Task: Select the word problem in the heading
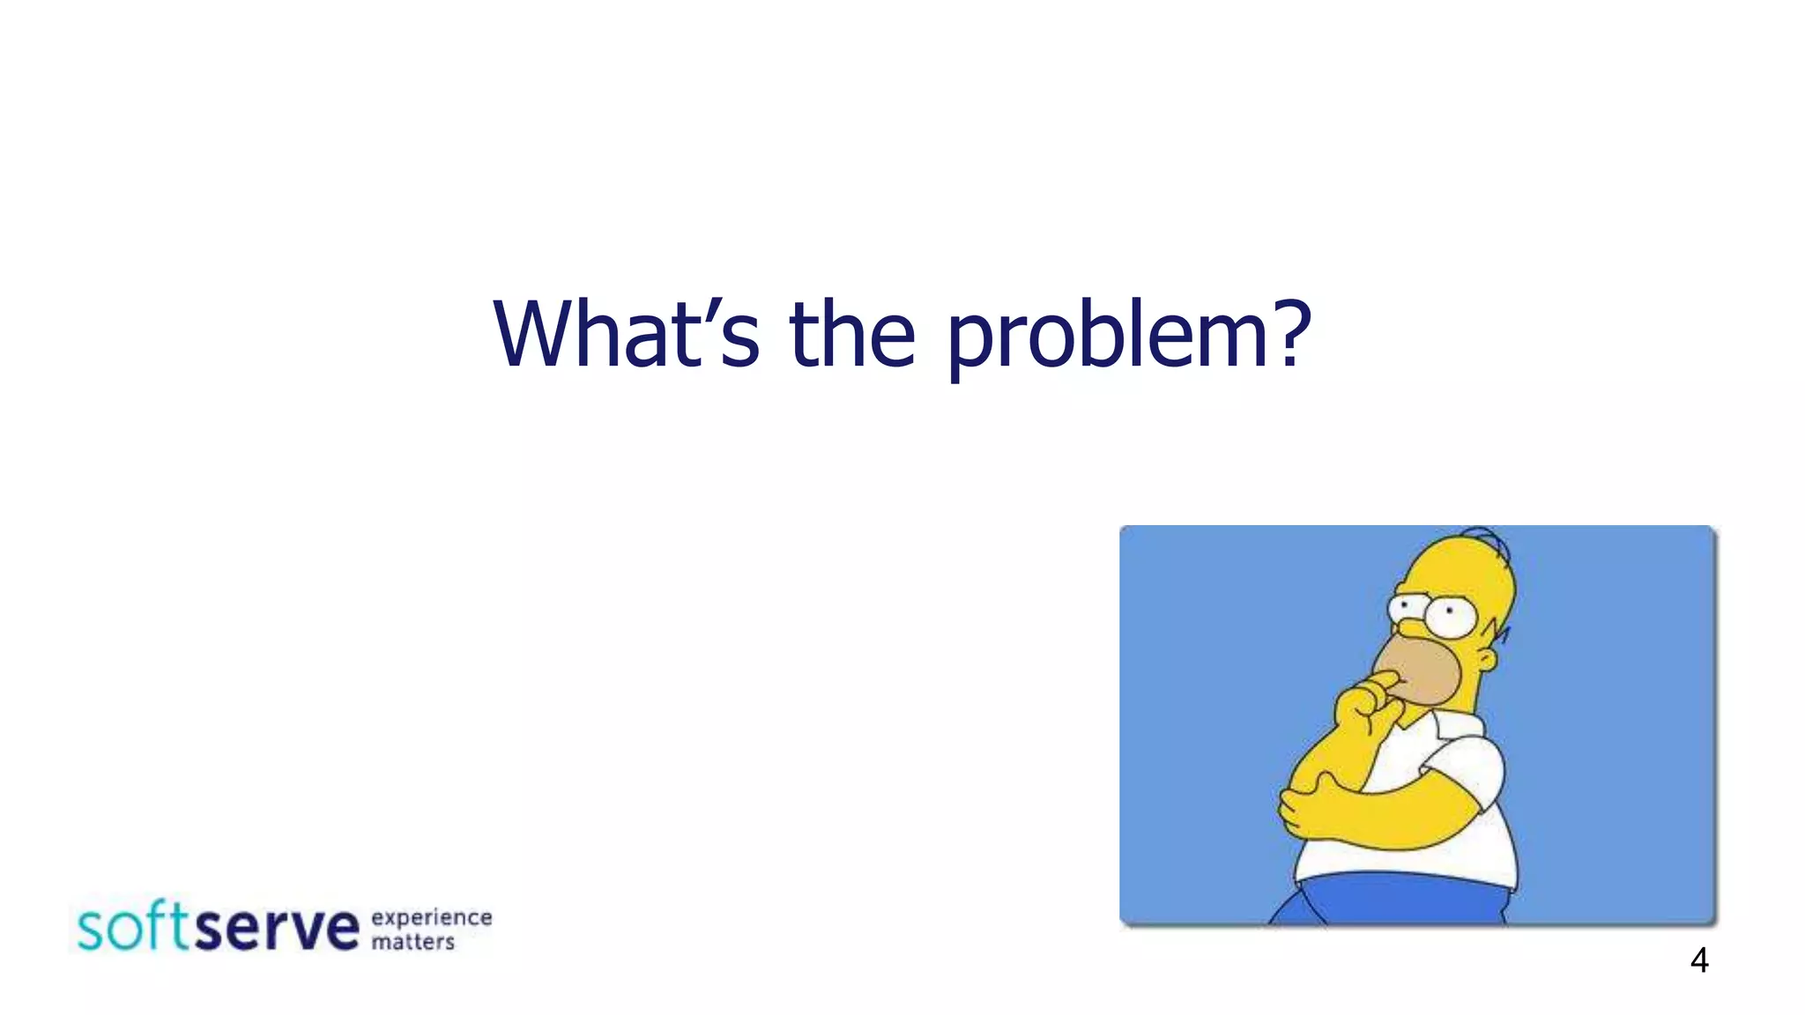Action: (1105, 339)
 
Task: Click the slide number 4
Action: (1699, 960)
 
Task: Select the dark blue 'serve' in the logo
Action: (277, 930)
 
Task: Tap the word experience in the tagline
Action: (431, 918)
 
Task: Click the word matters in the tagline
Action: (412, 943)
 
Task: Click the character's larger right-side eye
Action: (1450, 616)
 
